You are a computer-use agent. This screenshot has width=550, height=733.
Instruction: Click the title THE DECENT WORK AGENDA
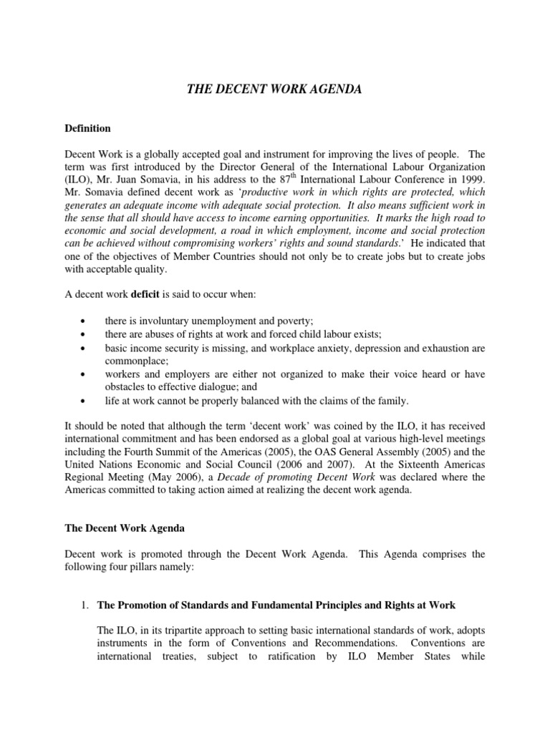(275, 89)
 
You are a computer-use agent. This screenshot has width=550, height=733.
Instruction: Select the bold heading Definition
(87, 129)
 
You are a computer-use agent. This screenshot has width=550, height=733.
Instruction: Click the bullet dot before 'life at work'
(85, 401)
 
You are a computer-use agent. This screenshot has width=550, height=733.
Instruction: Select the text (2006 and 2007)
(304, 465)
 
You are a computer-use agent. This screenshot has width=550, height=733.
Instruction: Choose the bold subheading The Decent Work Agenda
(125, 528)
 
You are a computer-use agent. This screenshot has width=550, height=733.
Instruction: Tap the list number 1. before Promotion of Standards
(86, 606)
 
